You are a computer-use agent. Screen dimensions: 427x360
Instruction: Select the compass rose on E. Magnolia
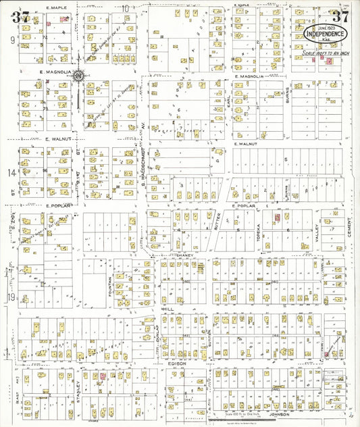pyautogui.click(x=80, y=76)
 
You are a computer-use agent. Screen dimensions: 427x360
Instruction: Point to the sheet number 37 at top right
pyautogui.click(x=339, y=18)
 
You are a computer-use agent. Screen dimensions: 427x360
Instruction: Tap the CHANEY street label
pyautogui.click(x=184, y=255)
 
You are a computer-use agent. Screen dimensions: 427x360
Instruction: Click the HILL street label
pyautogui.click(x=169, y=307)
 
